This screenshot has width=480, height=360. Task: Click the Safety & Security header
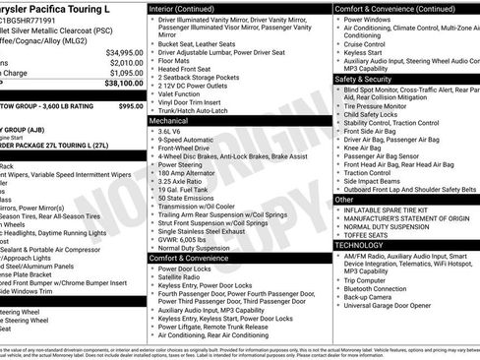point(364,78)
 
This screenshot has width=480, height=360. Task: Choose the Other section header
point(344,200)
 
